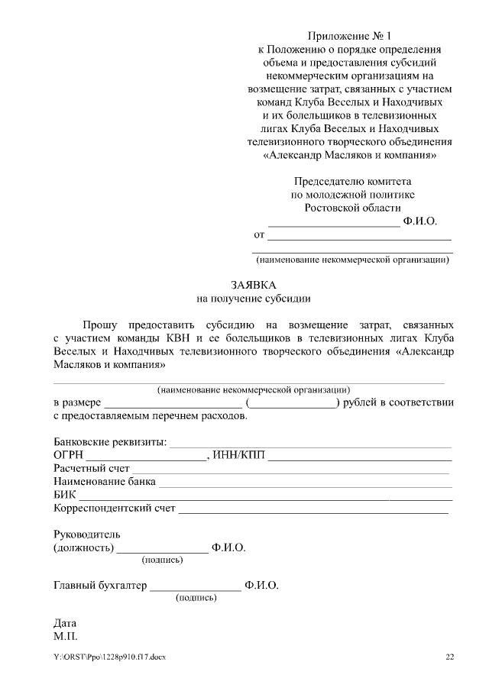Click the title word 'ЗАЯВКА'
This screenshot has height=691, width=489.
click(253, 284)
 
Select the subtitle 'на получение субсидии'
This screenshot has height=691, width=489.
click(253, 298)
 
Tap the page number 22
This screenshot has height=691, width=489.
click(450, 657)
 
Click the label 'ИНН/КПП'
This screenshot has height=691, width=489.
click(239, 456)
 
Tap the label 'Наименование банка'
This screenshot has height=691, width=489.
click(105, 482)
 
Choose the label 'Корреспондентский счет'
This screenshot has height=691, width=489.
click(115, 508)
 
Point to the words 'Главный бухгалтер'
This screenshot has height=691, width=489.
click(100, 586)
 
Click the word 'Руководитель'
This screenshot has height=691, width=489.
click(87, 534)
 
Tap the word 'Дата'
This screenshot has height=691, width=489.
click(65, 623)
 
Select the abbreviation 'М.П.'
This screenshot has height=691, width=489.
click(66, 636)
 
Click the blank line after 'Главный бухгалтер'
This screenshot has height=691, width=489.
click(196, 589)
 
